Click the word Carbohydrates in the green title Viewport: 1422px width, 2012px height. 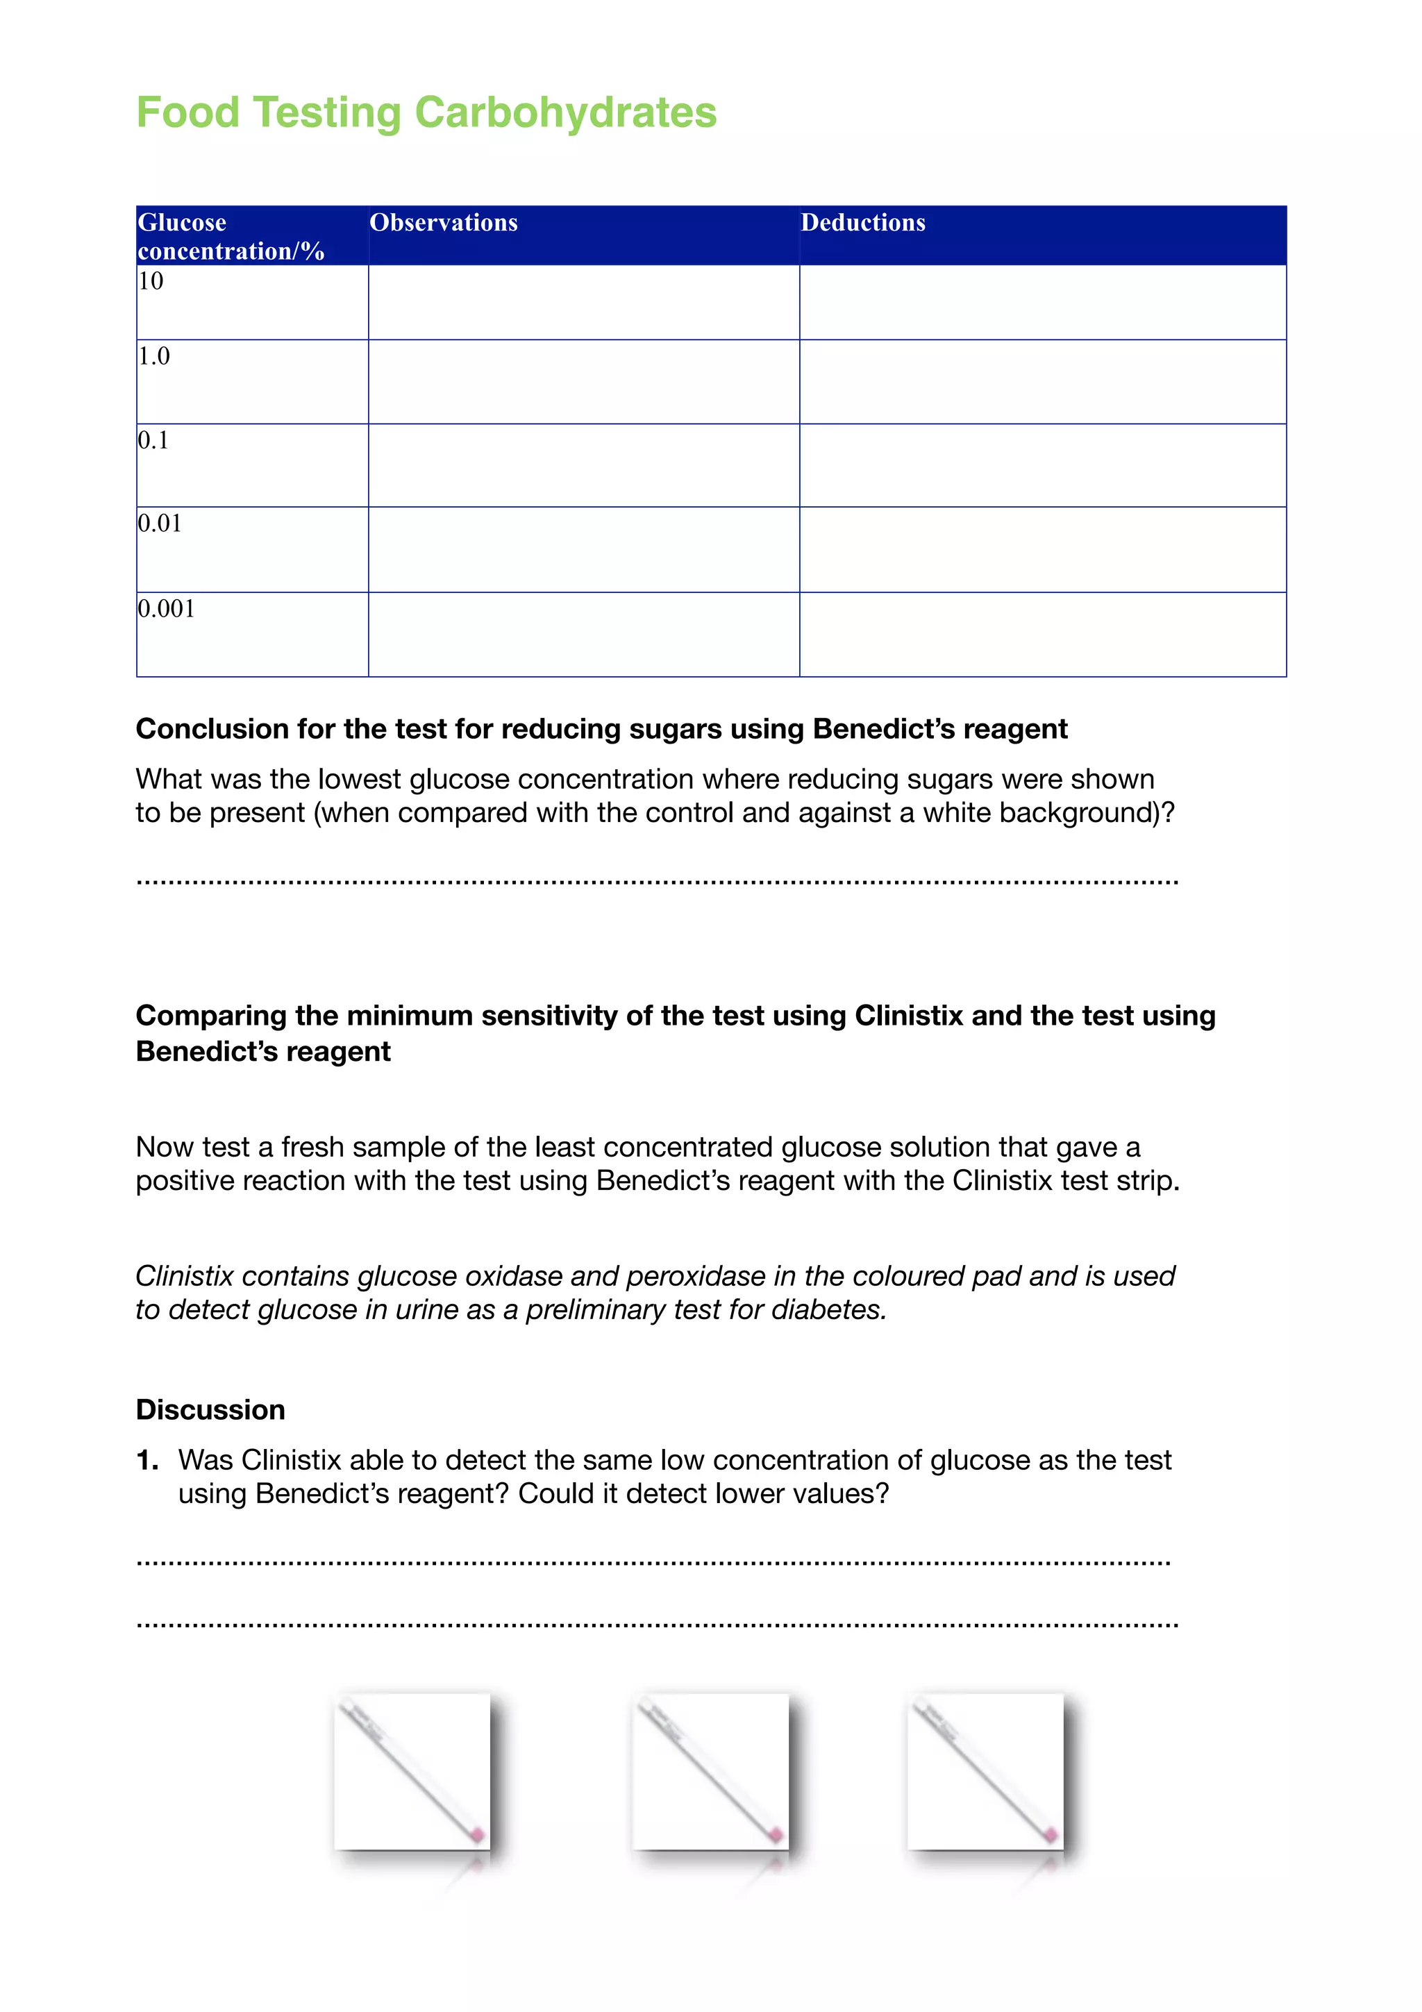565,113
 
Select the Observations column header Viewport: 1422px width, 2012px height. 444,223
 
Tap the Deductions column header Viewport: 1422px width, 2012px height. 862,223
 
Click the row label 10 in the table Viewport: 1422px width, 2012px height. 151,281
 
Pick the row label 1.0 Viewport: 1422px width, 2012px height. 153,355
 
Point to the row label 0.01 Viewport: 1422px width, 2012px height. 160,523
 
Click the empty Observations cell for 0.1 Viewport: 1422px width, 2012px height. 583,465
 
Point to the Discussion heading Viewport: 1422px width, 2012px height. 210,1409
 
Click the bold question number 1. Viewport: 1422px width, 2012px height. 147,1460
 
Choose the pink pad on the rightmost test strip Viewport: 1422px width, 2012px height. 1050,1834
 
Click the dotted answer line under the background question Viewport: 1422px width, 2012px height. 657,881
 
